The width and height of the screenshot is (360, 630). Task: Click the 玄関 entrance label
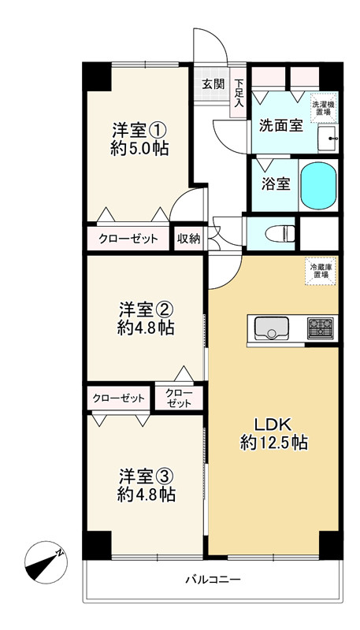coord(212,84)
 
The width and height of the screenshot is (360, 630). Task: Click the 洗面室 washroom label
coord(276,125)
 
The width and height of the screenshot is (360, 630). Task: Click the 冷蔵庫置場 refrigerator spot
coord(321,271)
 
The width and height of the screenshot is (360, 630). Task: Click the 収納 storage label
coord(187,239)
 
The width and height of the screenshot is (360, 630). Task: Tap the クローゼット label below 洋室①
coord(128,239)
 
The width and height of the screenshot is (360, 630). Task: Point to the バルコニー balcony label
coord(213,580)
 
